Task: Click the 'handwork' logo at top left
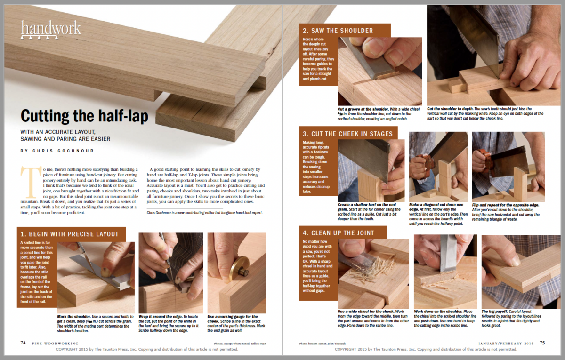pyautogui.click(x=51, y=29)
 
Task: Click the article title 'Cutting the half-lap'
pyautogui.click(x=84, y=116)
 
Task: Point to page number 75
pyautogui.click(x=542, y=343)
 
